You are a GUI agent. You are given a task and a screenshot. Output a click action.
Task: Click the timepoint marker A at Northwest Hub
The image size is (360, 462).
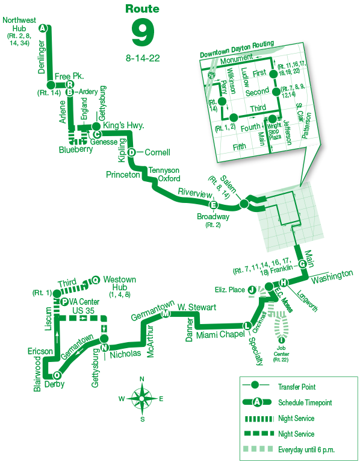[43, 28]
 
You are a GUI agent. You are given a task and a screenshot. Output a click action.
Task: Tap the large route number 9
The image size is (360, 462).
[143, 33]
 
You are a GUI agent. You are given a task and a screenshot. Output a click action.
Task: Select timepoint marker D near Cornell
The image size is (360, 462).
[132, 152]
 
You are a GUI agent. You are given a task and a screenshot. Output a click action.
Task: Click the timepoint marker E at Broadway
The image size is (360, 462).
[213, 205]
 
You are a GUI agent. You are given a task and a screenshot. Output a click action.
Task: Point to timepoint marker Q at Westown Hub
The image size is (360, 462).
[96, 280]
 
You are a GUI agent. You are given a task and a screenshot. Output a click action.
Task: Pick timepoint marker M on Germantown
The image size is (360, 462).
[166, 314]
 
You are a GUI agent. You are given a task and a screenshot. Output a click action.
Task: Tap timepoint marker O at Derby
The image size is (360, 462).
[57, 375]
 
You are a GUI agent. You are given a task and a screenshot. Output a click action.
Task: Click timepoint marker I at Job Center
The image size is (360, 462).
[282, 340]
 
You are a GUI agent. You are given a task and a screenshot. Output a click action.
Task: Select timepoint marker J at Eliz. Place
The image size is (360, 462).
[252, 290]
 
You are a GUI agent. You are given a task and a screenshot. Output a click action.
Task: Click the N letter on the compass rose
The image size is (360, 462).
[141, 379]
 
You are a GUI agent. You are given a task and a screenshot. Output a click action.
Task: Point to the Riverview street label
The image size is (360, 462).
[195, 193]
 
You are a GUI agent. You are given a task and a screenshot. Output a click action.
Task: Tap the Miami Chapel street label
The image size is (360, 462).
[220, 335]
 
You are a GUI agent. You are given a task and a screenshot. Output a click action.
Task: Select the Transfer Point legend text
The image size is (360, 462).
[297, 387]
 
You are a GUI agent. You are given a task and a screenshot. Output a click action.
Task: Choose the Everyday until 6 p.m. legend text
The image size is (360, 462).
[306, 449]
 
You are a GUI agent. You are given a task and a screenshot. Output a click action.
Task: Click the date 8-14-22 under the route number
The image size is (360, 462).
[143, 58]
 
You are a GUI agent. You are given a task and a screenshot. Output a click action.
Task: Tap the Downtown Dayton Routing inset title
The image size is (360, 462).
[237, 49]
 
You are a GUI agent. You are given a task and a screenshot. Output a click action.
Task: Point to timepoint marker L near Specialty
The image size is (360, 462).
[247, 326]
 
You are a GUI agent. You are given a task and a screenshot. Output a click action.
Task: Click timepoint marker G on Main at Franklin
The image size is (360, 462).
[302, 264]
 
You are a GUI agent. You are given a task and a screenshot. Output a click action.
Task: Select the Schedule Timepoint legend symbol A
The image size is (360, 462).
[257, 402]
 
